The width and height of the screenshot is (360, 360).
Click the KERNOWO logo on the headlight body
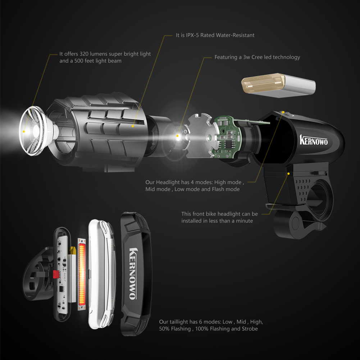tap(314, 140)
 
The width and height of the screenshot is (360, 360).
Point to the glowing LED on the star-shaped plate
tap(177, 136)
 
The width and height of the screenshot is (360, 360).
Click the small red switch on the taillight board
tap(56, 275)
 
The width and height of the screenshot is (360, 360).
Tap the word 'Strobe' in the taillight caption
tap(249, 328)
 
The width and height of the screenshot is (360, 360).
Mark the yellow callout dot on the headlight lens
tap(24, 132)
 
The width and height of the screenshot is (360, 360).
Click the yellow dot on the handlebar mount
tap(288, 174)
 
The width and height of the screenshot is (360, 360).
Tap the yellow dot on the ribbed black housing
tap(133, 126)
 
